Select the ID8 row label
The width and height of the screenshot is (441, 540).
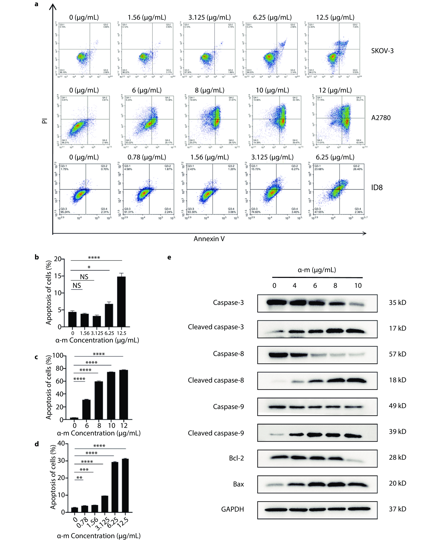pos(377,188)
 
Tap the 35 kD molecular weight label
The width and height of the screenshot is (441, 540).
pos(397,303)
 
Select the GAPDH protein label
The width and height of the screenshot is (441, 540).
pos(232,509)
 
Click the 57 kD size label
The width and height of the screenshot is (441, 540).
pos(397,354)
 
